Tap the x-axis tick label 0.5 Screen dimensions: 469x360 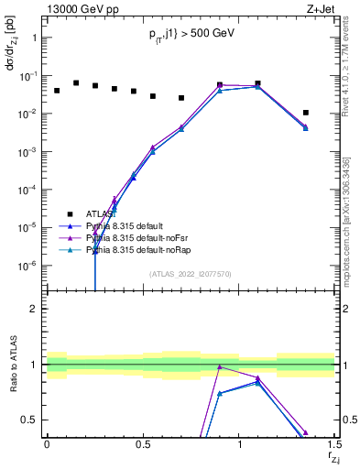(143, 444)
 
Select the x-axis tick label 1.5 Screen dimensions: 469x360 (333, 444)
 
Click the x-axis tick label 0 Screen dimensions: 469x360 (47, 444)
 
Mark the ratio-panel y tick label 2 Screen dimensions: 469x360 (34, 309)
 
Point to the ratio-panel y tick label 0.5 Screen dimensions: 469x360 (29, 420)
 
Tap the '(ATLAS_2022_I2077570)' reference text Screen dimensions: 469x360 (191, 274)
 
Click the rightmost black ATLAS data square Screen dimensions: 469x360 (306, 113)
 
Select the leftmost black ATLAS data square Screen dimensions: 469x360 (57, 91)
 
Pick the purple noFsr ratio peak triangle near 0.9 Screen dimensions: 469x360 (220, 366)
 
